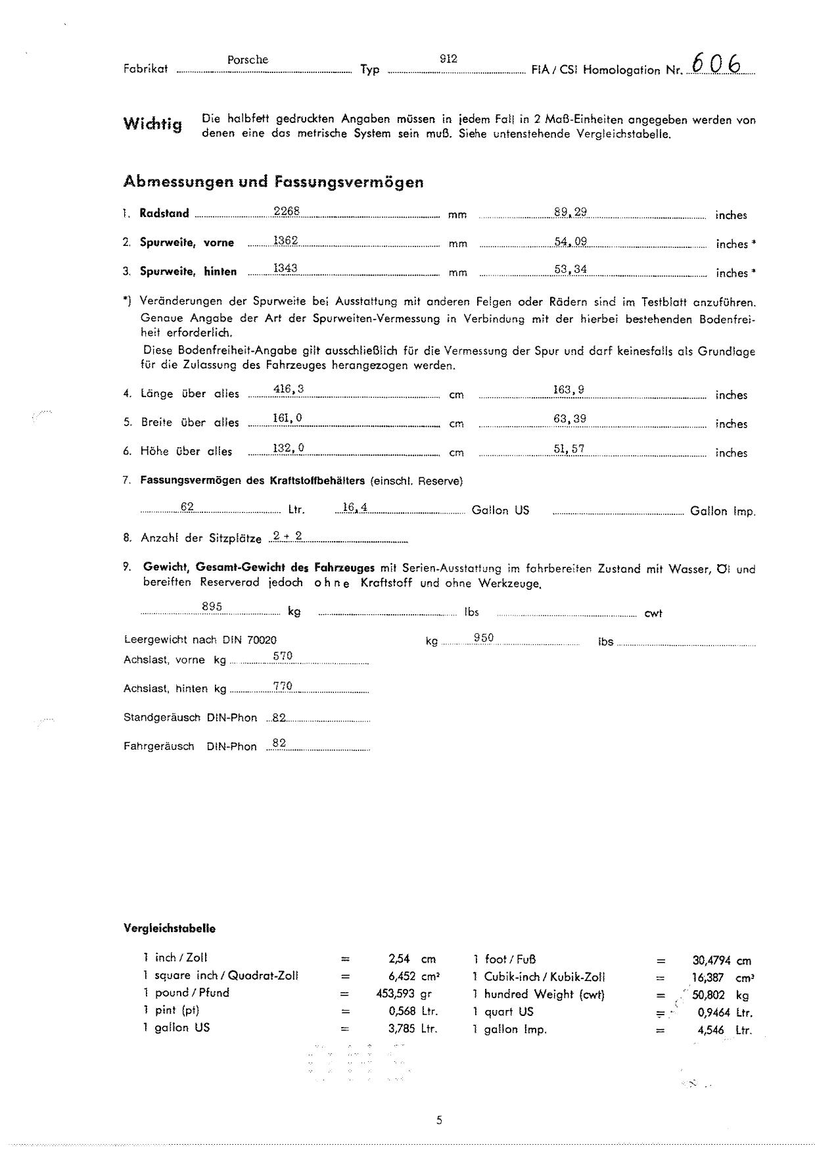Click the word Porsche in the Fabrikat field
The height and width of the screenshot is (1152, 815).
[248, 60]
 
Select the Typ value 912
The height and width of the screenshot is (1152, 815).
[448, 59]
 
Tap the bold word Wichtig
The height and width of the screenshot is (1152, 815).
[152, 124]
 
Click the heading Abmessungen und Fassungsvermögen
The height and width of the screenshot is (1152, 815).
[273, 182]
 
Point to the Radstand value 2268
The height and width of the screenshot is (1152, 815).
[287, 211]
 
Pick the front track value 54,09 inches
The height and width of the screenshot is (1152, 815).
[570, 241]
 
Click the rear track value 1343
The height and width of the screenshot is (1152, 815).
[285, 268]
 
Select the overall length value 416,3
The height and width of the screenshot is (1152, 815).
[288, 389]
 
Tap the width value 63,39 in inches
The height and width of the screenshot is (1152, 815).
[570, 418]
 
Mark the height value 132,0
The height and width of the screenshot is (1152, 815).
[288, 448]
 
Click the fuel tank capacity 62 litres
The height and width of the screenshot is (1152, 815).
[187, 507]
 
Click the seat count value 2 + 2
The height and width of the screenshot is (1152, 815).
[288, 536]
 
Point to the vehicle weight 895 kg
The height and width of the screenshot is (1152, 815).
[212, 607]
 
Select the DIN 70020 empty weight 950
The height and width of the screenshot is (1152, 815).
[483, 637]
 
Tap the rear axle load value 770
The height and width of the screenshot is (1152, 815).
[283, 686]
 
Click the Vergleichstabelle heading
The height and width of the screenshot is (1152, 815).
[169, 928]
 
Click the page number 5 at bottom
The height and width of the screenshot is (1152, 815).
[439, 1120]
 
